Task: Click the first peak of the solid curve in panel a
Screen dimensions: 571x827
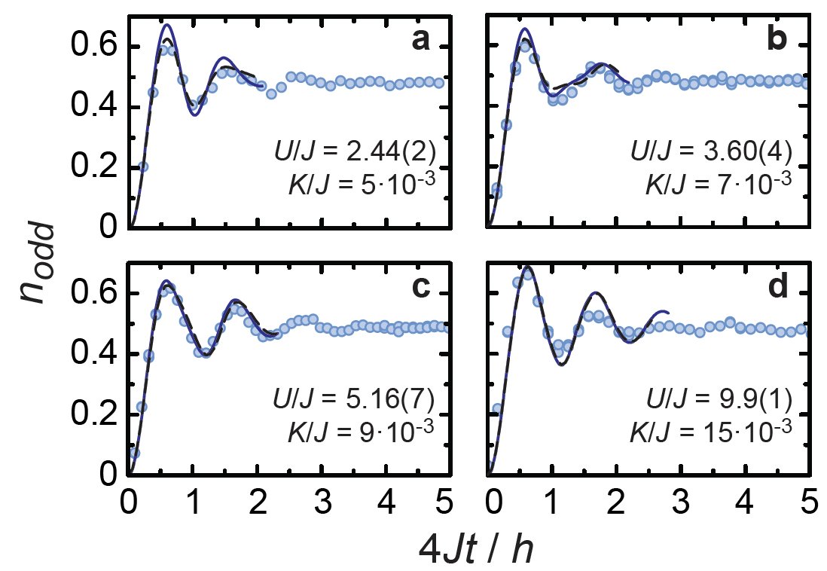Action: [166, 25]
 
